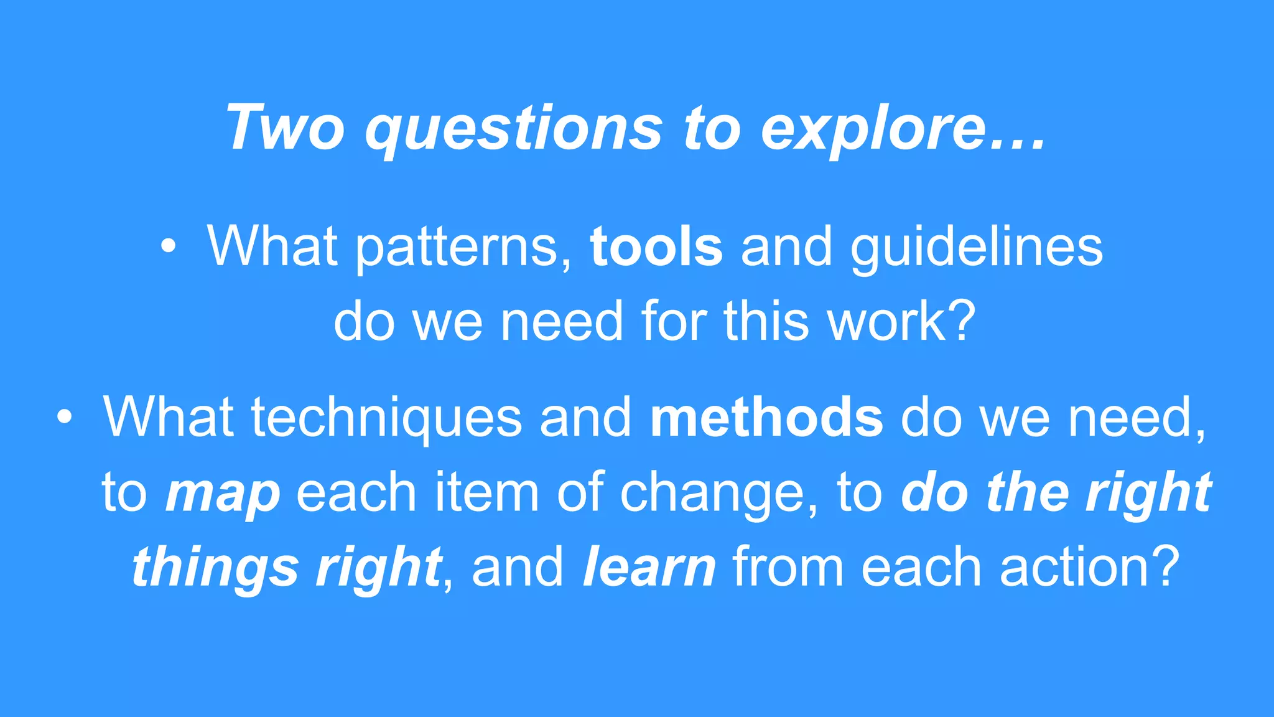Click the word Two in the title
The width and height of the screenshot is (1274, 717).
pos(286,128)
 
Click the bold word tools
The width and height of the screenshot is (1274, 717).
pos(657,246)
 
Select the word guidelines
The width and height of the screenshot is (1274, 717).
pos(977,248)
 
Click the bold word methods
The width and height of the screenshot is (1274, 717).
pos(766,417)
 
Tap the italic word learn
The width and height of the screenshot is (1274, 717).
pos(649,567)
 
